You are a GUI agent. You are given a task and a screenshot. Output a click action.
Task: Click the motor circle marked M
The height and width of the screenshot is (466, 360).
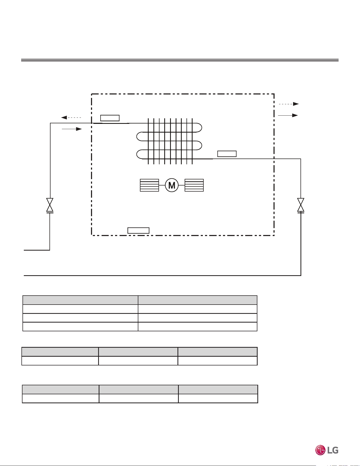[172, 185]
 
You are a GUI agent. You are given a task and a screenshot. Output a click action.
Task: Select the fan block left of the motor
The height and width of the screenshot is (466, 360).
[149, 185]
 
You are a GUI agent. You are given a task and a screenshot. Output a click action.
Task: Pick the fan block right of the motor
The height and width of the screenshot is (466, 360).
[194, 185]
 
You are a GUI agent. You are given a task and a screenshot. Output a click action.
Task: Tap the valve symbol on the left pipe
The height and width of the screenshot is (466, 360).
[50, 205]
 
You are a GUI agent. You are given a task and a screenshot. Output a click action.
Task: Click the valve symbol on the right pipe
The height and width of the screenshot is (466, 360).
[301, 205]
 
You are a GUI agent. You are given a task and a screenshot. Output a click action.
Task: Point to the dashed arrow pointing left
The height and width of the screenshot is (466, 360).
[71, 117]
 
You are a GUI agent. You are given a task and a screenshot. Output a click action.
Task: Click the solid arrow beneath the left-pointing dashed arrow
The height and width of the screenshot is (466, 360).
[72, 129]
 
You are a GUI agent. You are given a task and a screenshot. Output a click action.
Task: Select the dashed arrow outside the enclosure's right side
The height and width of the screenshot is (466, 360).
[289, 104]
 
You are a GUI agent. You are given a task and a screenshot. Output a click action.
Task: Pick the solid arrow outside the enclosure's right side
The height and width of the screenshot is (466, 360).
[288, 115]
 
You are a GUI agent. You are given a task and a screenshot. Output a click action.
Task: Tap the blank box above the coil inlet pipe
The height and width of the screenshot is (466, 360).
[110, 118]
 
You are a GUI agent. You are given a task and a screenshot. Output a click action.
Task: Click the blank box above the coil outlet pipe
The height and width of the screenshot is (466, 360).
[227, 154]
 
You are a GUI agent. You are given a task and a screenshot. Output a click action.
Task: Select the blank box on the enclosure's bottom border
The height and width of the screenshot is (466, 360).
[138, 230]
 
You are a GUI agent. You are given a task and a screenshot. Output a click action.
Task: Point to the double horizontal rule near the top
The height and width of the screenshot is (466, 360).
[180, 60]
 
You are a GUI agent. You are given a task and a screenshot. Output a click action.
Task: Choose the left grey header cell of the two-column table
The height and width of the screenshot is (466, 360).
[80, 300]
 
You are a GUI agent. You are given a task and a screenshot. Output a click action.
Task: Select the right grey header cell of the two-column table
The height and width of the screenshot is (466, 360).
[198, 300]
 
